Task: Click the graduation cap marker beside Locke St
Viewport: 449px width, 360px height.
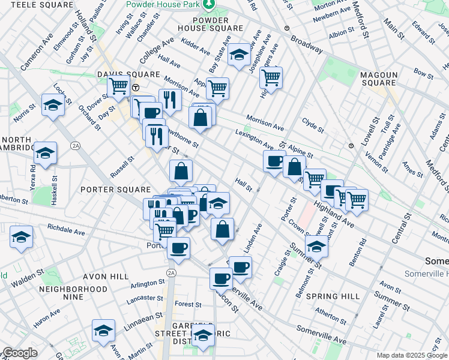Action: coord(53,106)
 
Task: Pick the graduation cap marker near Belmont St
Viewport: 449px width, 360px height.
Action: coord(316,245)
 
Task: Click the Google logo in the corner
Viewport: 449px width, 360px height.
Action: coord(20,353)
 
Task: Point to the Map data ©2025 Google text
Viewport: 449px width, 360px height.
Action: coord(411,355)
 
